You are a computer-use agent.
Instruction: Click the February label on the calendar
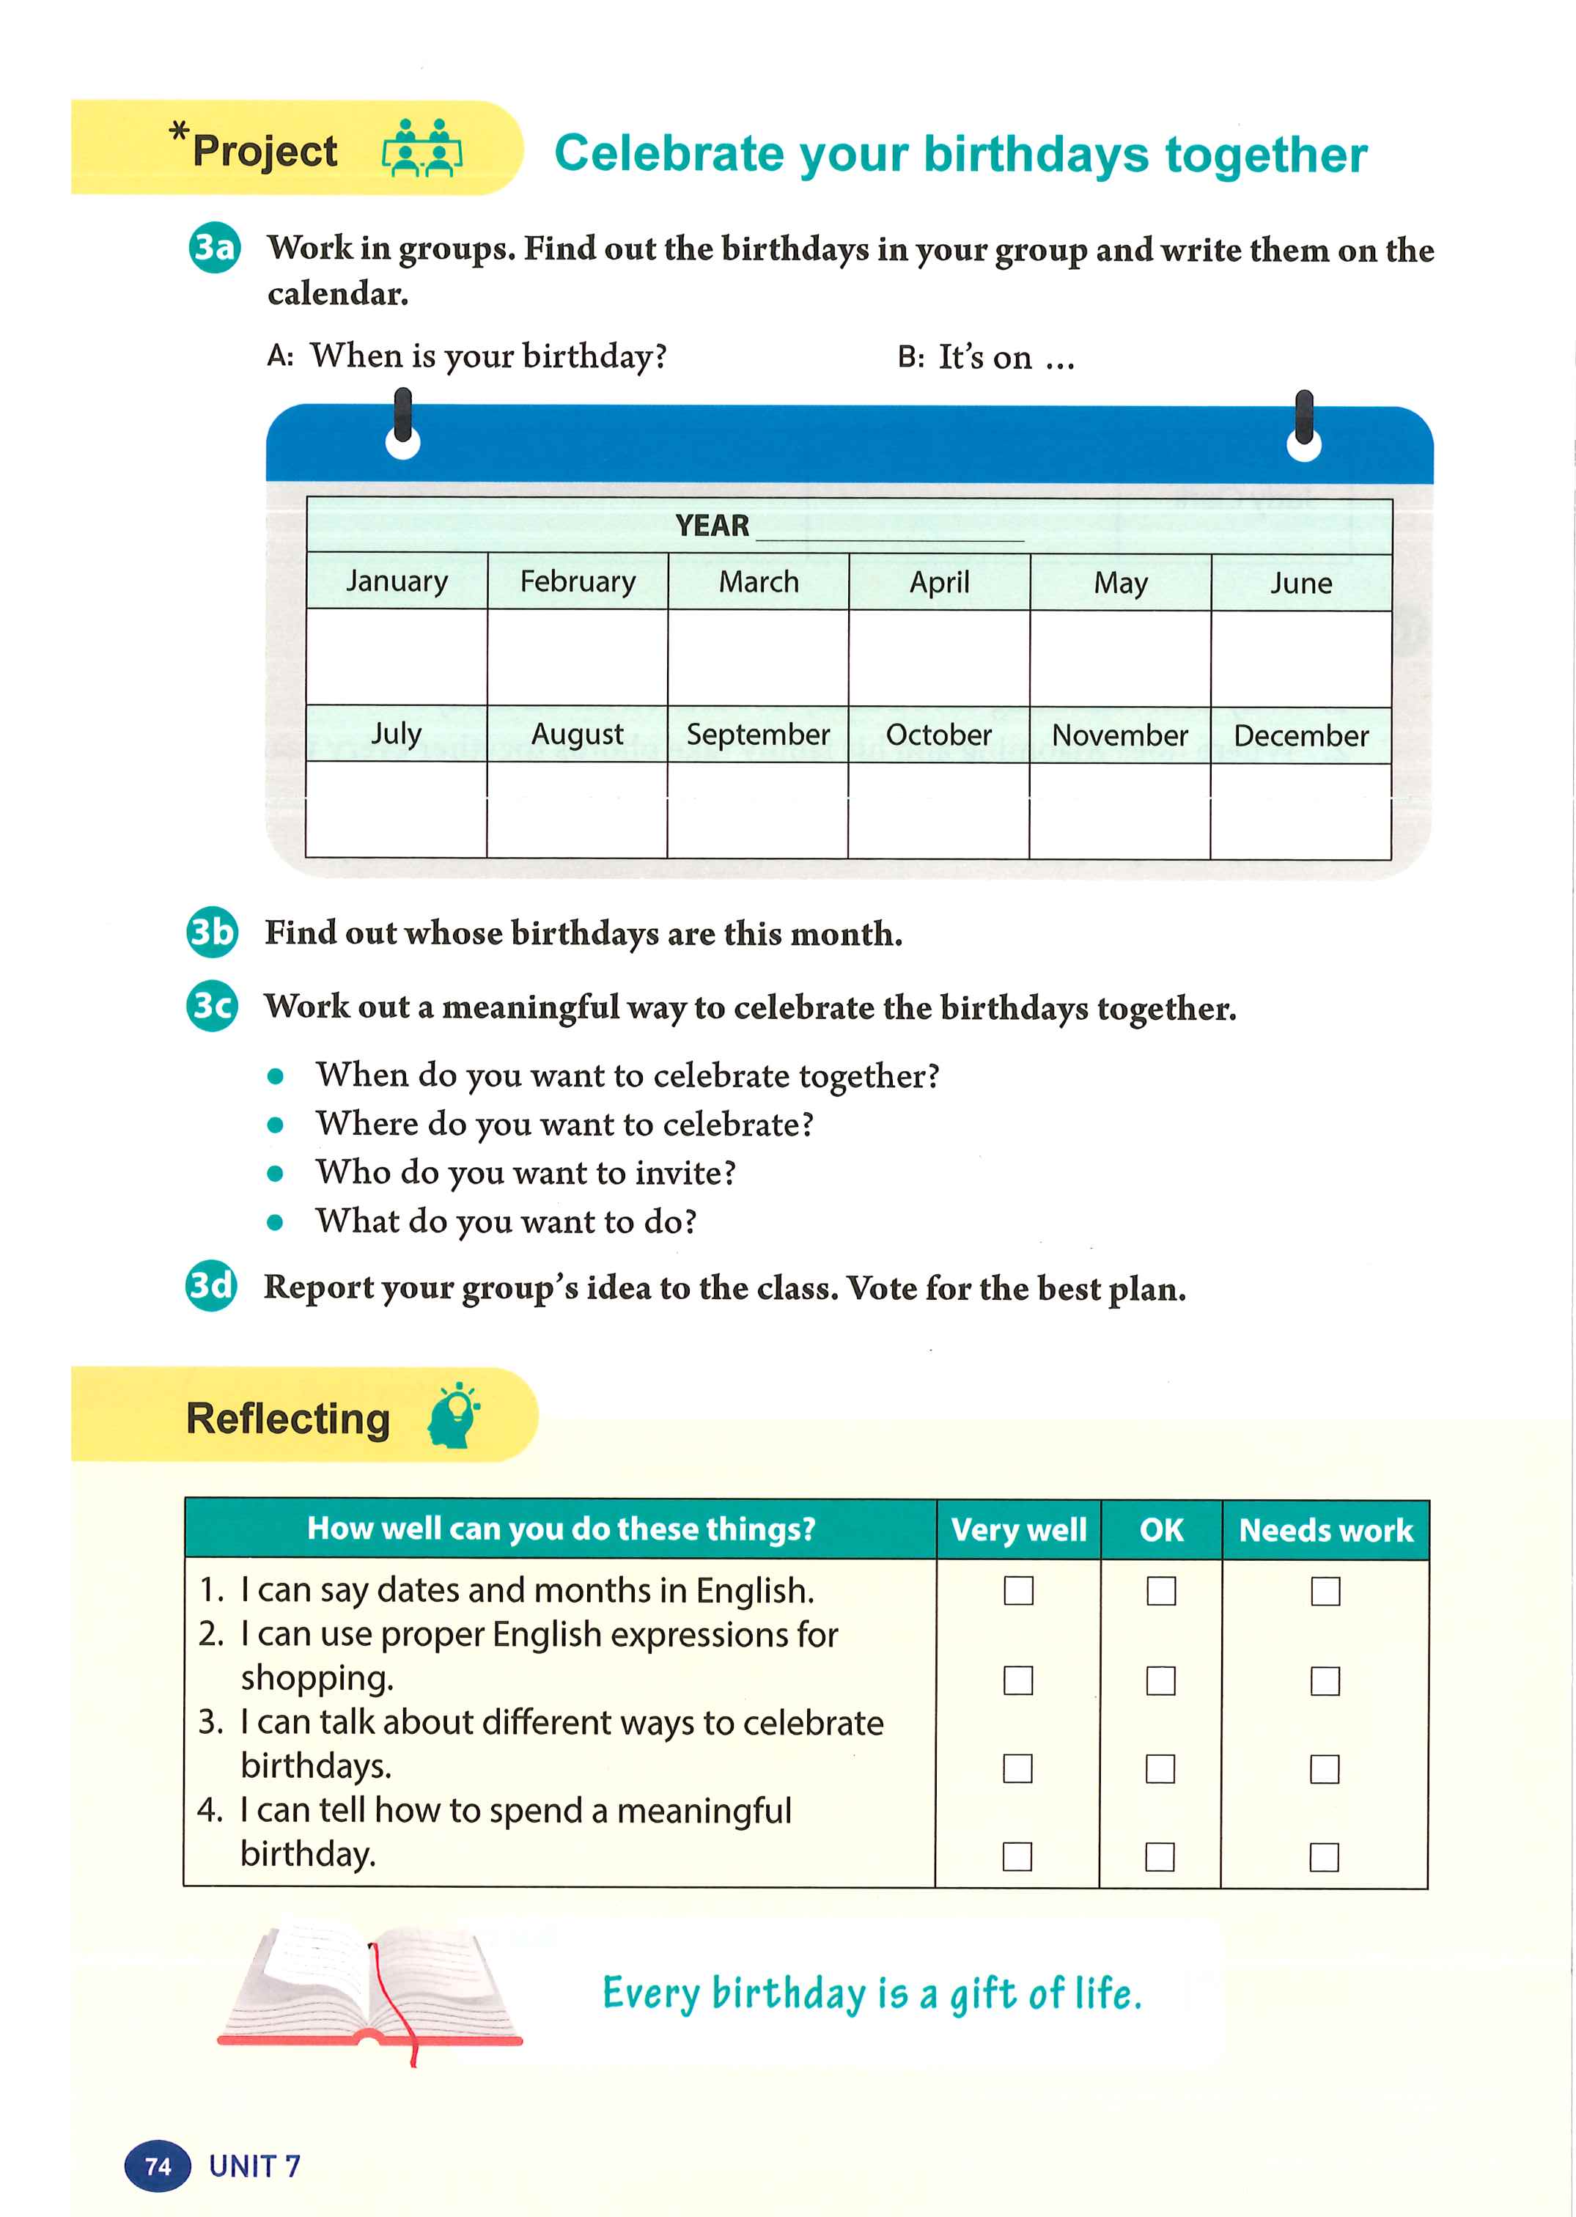(578, 581)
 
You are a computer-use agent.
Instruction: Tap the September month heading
(758, 734)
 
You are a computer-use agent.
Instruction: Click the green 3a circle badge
(213, 249)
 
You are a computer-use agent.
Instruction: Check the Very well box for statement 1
(1018, 1590)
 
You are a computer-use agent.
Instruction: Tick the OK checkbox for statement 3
(1160, 1768)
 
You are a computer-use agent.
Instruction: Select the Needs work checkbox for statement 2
(1325, 1680)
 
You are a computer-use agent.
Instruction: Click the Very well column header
(1018, 1530)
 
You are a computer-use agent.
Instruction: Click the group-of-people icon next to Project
(422, 149)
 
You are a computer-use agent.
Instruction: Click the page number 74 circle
(157, 2166)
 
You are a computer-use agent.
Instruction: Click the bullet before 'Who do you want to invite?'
(276, 1172)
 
